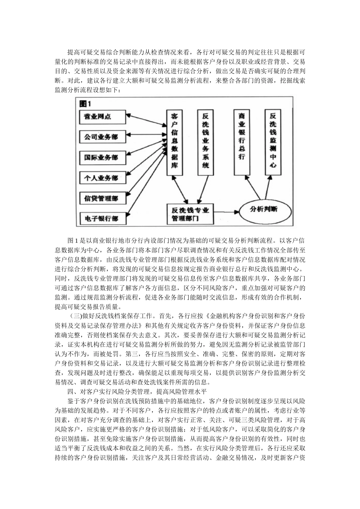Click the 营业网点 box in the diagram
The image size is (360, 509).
102,117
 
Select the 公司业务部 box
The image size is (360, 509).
102,137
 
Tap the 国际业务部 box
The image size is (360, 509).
102,157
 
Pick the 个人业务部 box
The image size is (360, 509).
102,178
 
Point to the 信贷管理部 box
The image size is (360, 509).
102,198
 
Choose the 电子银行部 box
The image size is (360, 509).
102,218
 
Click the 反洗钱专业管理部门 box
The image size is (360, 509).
190,214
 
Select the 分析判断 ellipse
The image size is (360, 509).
264,209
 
